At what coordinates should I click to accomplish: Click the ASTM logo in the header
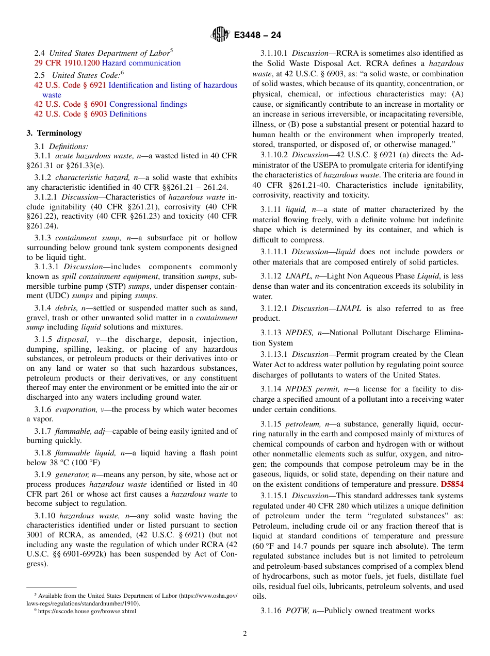pyautogui.click(x=220, y=35)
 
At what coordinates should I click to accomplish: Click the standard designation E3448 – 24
pyautogui.click(x=257, y=36)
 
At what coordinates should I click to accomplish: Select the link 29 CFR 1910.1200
pyautogui.click(x=67, y=63)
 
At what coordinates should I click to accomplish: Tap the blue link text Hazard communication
pyautogui.click(x=141, y=63)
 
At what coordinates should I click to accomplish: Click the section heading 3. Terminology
pyautogui.click(x=54, y=133)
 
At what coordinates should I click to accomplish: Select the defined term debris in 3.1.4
pyautogui.click(x=67, y=308)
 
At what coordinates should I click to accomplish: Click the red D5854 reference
pyautogui.click(x=452, y=484)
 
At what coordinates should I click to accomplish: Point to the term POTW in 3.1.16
pyautogui.click(x=297, y=611)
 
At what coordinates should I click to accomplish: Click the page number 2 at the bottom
pyautogui.click(x=245, y=634)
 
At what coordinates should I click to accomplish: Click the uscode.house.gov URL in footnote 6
pyautogui.click(x=87, y=611)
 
